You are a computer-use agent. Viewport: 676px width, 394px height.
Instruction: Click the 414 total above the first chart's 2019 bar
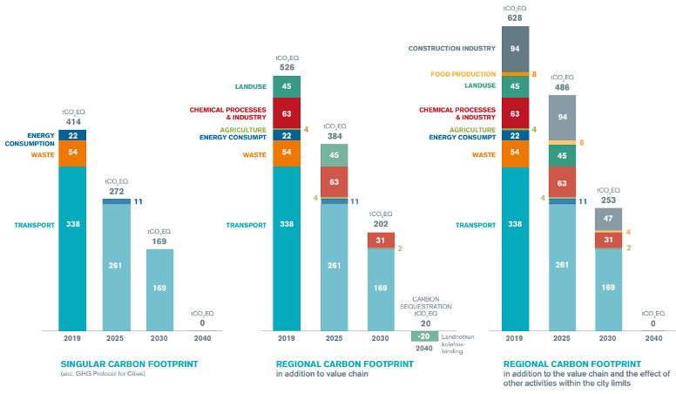73,122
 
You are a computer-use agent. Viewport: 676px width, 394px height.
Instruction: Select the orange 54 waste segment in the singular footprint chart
72,153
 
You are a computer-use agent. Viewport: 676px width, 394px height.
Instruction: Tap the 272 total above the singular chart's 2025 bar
117,191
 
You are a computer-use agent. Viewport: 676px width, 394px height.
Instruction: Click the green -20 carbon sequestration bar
424,336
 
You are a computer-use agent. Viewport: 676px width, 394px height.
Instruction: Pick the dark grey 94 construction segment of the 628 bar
515,49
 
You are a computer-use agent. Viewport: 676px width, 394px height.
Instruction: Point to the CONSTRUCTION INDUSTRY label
452,48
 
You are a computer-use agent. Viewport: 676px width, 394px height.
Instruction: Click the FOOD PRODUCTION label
463,74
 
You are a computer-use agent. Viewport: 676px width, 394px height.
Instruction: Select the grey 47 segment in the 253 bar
608,219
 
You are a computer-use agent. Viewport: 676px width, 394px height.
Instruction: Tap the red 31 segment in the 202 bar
381,241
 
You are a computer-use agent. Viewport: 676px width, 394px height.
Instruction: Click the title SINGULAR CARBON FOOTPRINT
129,364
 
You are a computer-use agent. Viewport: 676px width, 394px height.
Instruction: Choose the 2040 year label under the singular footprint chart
202,338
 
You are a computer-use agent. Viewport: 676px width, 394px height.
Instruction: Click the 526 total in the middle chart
287,67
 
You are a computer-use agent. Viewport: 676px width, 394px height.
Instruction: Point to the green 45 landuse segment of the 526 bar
287,87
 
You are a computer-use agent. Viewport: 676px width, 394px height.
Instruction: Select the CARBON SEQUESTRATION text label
426,303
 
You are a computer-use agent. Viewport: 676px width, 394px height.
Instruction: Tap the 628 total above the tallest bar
515,17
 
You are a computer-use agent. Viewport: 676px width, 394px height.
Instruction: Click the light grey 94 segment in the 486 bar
562,118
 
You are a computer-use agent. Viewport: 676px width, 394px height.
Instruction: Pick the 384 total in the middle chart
335,136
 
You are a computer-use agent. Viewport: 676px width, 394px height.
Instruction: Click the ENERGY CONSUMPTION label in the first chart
30,139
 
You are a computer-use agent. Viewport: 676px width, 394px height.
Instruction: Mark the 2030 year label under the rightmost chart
607,338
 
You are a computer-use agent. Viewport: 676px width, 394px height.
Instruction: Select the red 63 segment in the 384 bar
335,182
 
